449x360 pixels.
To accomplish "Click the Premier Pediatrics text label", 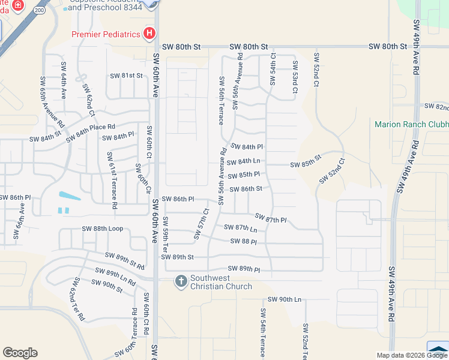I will (106, 34).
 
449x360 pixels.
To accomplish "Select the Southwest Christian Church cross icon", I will (180, 281).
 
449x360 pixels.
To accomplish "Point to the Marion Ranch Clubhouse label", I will (411, 125).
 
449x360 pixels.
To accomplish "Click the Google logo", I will (20, 353).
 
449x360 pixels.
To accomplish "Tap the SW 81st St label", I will (126, 76).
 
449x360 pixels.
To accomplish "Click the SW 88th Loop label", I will (102, 229).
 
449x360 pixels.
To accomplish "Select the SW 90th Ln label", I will (284, 299).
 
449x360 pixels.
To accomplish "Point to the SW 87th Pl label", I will (271, 218).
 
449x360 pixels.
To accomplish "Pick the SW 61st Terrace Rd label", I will (112, 180).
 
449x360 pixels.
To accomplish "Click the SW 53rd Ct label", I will (295, 77).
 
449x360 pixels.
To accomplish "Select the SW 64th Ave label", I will (62, 83).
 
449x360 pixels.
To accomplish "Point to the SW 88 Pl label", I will (244, 241).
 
